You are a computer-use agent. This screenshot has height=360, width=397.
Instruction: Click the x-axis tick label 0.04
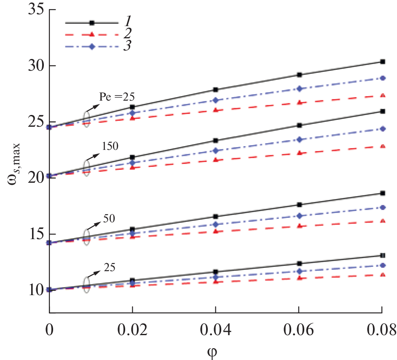point(216,329)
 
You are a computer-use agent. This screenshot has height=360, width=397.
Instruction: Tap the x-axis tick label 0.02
point(132,329)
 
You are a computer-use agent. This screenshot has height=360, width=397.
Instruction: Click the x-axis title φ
point(216,350)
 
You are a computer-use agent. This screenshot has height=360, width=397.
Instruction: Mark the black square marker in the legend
point(91,23)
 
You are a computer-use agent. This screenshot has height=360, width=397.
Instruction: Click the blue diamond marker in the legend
point(91,46)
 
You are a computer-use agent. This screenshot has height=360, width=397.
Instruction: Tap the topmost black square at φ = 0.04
point(216,90)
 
